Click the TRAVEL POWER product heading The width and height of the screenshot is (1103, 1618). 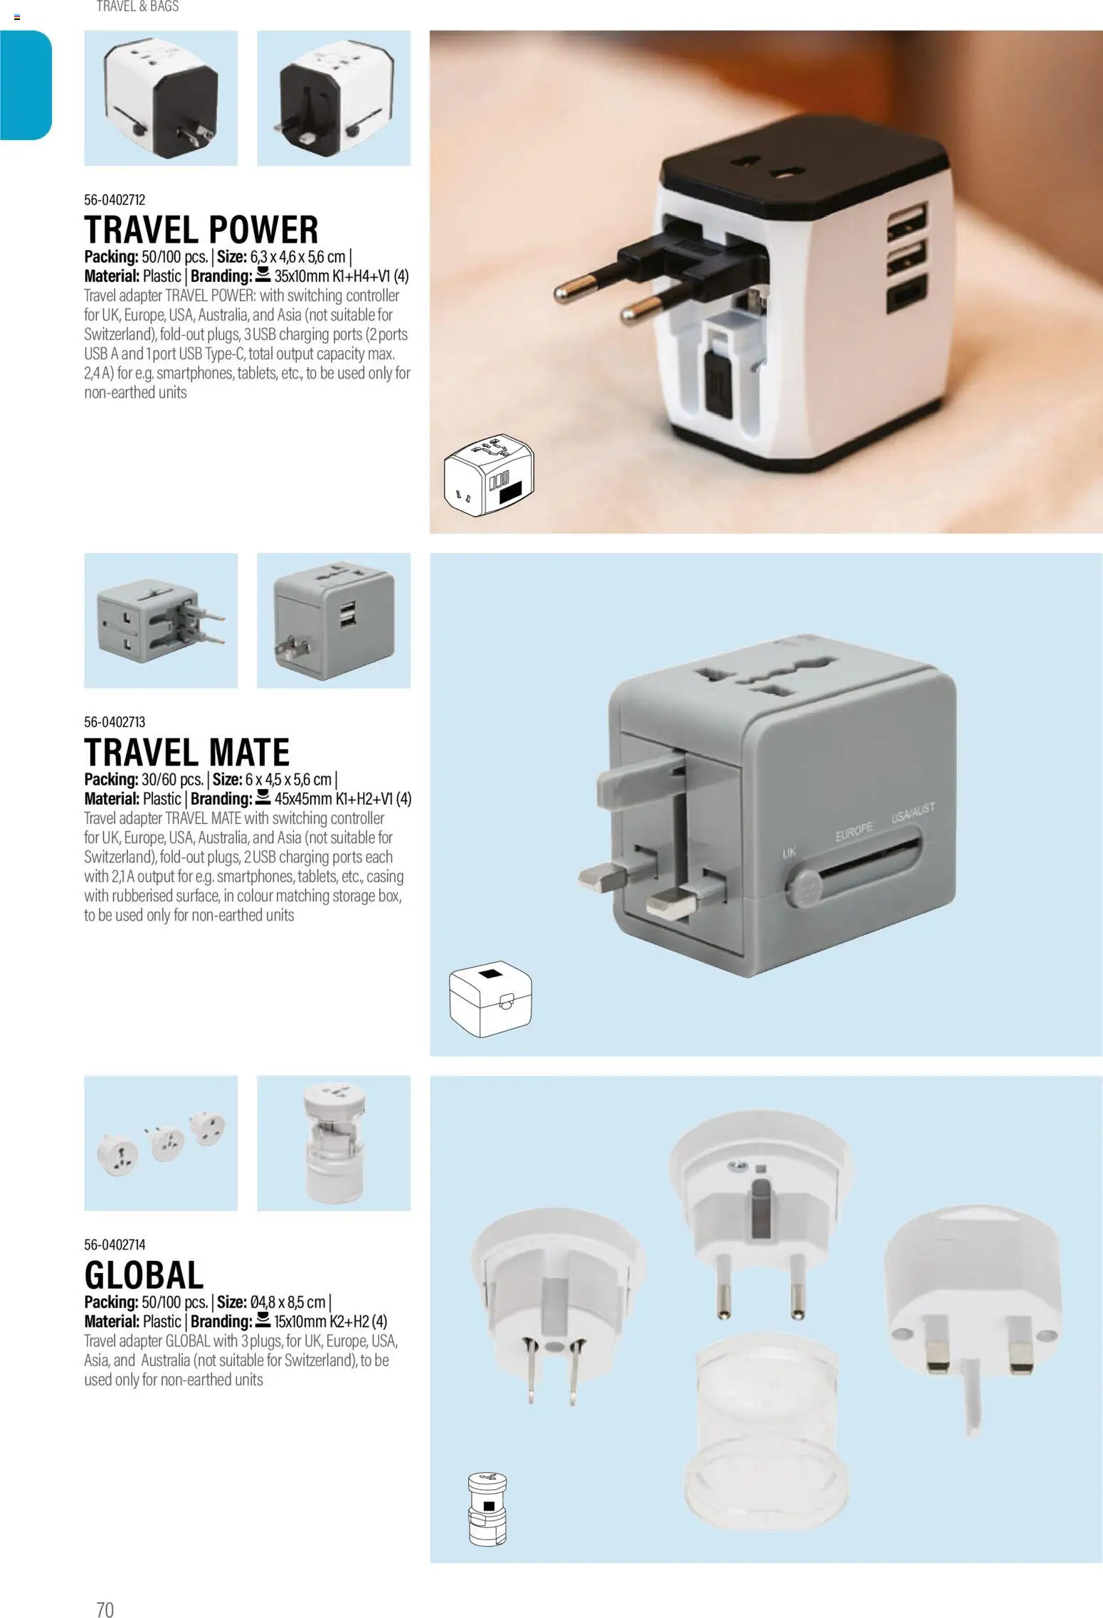[x=201, y=230]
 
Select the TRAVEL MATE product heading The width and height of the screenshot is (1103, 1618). [x=187, y=752]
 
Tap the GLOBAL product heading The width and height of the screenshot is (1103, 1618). [x=144, y=1274]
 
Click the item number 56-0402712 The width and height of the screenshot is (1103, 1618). [x=115, y=200]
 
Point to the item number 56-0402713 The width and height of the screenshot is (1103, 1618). [x=115, y=722]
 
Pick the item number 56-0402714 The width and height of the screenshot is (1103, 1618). [x=115, y=1244]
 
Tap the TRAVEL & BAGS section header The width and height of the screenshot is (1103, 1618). [x=137, y=6]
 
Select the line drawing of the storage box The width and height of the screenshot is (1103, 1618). [x=491, y=1000]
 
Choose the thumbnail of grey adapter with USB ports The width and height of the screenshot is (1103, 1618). [x=334, y=620]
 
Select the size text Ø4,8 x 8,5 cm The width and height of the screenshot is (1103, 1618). [x=287, y=1302]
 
